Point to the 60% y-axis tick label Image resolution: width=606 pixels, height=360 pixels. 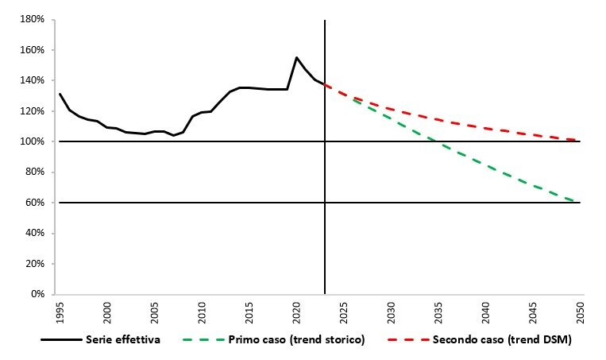click(34, 203)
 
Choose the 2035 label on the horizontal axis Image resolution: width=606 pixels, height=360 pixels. click(438, 310)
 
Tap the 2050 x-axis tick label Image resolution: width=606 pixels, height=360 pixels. click(580, 310)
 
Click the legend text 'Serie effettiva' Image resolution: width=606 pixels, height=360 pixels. click(122, 340)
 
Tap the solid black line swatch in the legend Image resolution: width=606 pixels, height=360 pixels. click(63, 340)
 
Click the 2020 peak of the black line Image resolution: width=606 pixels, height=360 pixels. click(296, 57)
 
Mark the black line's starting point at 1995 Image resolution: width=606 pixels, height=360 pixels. click(60, 95)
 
